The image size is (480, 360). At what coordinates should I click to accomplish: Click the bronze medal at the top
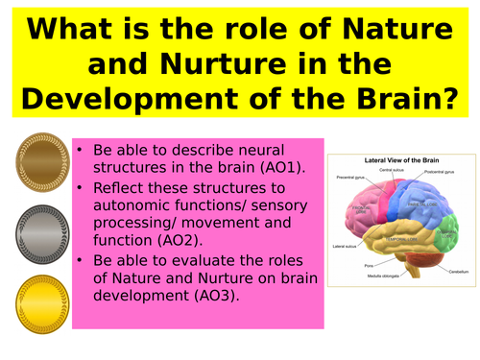coord(37,162)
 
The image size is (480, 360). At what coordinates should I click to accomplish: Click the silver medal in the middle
coord(37,229)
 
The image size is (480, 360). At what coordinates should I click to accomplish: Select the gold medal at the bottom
coord(37,296)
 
